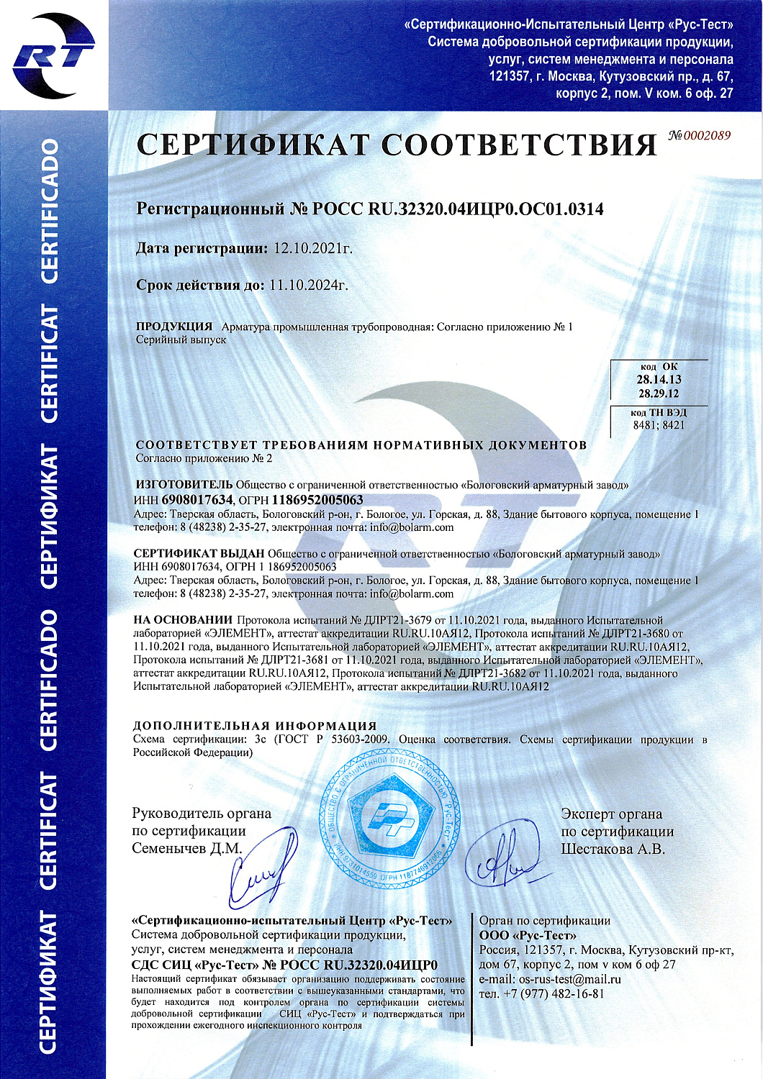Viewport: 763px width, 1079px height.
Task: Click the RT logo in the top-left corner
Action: point(53,55)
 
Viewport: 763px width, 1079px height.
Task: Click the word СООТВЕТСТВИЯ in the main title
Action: point(519,145)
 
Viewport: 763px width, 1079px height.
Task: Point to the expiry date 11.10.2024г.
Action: point(309,286)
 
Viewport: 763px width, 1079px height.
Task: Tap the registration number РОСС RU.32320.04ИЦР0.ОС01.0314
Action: point(459,209)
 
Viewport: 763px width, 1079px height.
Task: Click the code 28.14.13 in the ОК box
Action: point(659,379)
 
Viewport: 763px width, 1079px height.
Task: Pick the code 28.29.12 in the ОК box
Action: point(659,393)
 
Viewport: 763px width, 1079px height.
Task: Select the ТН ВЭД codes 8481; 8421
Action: point(659,425)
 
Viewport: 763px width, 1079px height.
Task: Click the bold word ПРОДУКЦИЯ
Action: point(174,327)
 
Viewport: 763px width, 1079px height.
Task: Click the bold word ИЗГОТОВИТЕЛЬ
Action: point(183,485)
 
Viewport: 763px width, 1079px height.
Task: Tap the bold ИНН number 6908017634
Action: point(198,499)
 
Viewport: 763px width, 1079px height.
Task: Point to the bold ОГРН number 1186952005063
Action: point(317,499)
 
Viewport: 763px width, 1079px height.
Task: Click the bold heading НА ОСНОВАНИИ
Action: point(183,619)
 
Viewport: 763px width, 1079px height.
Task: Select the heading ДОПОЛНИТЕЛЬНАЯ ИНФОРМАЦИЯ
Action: point(255,725)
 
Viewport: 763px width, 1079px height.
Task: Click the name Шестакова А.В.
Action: point(613,850)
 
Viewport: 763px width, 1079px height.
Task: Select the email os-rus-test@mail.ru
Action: point(569,979)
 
